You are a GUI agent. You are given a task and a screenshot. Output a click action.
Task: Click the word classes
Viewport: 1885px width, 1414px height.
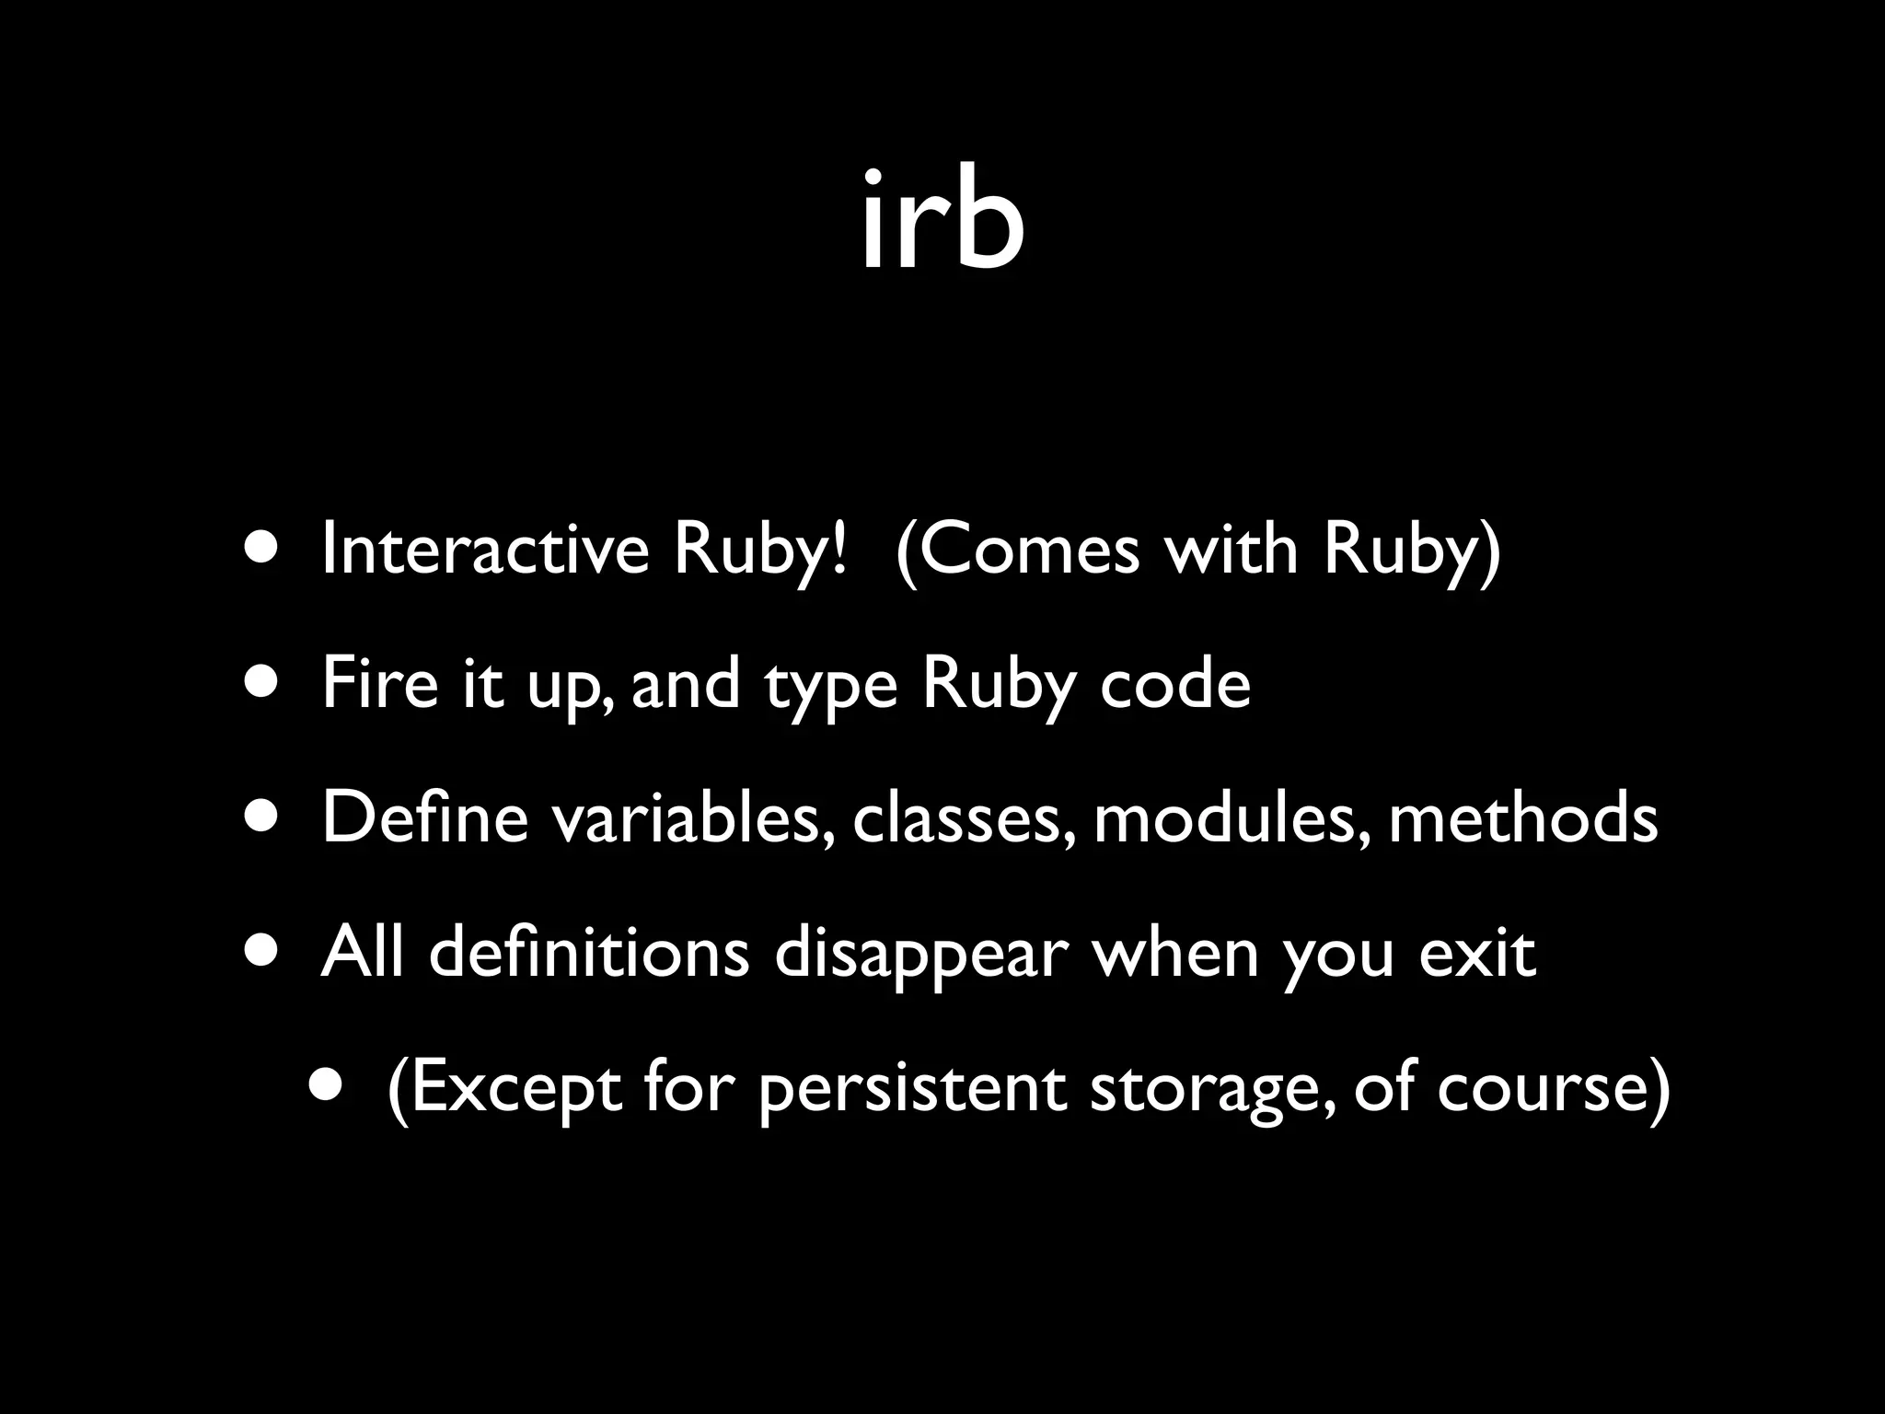pyautogui.click(x=963, y=818)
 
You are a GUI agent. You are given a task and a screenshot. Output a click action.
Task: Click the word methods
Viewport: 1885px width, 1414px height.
pyautogui.click(x=1522, y=818)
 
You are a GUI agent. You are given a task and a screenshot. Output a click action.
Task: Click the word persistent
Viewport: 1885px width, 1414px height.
pyautogui.click(x=912, y=1088)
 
